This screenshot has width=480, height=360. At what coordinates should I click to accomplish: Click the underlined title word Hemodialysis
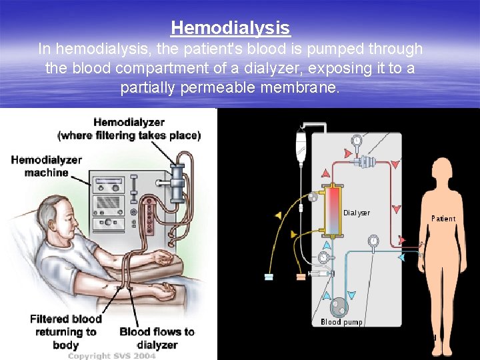tap(231, 28)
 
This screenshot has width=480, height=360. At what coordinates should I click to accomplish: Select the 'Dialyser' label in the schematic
tap(357, 213)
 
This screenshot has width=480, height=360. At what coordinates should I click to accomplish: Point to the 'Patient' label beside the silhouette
tap(443, 218)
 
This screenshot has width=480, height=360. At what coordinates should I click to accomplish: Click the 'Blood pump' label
tap(342, 322)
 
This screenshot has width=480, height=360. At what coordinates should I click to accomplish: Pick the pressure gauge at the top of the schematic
tap(357, 141)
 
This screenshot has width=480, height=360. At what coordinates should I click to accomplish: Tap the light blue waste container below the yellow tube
tap(269, 277)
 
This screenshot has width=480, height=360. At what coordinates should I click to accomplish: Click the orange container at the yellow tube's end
tap(301, 276)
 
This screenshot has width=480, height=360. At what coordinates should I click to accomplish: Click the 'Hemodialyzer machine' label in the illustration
tap(47, 166)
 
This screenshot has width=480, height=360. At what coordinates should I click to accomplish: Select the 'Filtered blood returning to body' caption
tap(63, 331)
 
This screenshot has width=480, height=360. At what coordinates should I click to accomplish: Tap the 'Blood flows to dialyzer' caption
tap(157, 338)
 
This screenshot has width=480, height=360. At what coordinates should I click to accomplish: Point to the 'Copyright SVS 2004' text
tap(111, 356)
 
